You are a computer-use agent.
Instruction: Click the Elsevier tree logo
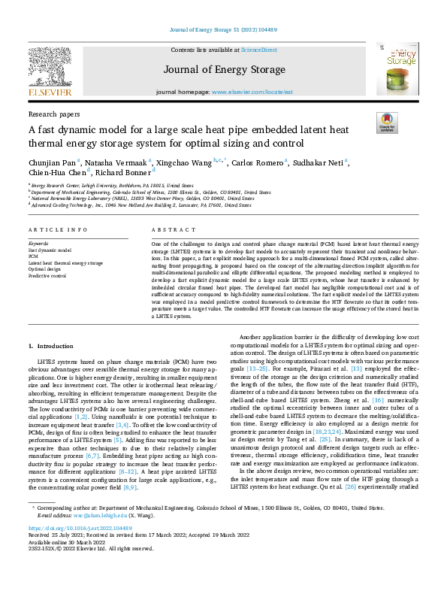[52, 68]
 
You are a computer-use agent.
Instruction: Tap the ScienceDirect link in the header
[258, 50]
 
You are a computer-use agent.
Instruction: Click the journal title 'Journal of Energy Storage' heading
[223, 71]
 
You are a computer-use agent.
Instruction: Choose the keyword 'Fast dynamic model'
[50, 250]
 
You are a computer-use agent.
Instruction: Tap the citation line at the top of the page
[223, 29]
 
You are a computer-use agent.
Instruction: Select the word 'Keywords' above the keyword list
[38, 244]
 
